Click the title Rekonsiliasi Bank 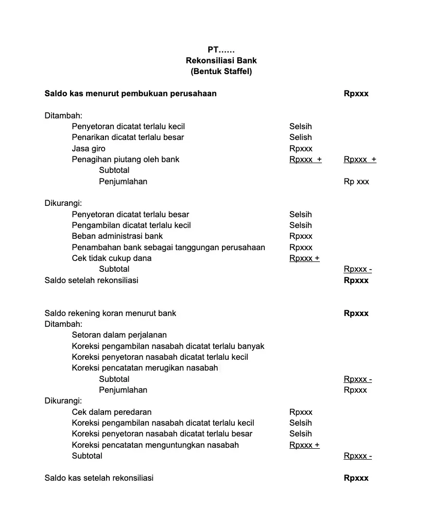221,61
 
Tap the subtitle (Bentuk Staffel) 221,72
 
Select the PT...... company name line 221,50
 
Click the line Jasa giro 89,149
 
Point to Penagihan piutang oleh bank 126,160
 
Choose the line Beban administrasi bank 117,236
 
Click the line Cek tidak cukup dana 111,258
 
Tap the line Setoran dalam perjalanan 119,335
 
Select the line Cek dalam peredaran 111,412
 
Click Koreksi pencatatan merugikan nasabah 145,368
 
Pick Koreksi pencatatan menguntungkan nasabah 155,445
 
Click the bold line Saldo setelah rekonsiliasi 91,280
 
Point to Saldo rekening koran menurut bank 110,313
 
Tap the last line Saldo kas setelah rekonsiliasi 99,478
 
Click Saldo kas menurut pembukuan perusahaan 130,94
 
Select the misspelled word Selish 300,137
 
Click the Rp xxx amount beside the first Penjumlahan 356,182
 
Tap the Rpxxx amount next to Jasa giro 301,149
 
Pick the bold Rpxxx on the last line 356,478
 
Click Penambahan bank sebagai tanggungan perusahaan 168,248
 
